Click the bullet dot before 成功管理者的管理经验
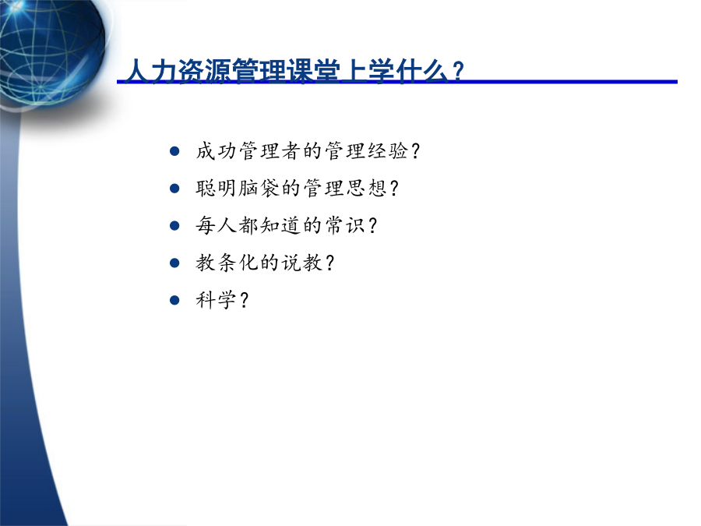click(x=174, y=151)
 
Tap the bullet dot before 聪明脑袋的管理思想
click(x=174, y=189)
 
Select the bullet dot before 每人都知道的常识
click(x=174, y=225)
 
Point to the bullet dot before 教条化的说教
click(x=174, y=263)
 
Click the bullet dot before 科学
click(x=174, y=300)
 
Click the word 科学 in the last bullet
click(x=216, y=300)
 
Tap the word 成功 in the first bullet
click(x=216, y=151)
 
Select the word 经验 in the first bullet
click(x=388, y=151)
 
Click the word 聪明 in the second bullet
click(x=216, y=189)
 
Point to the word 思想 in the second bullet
click(x=366, y=189)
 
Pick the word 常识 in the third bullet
click(x=345, y=225)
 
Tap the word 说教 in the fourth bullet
click(x=301, y=263)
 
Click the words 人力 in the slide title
click(x=151, y=71)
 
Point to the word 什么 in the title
click(x=421, y=71)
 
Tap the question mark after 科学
click(x=244, y=300)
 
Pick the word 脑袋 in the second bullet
click(x=259, y=189)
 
